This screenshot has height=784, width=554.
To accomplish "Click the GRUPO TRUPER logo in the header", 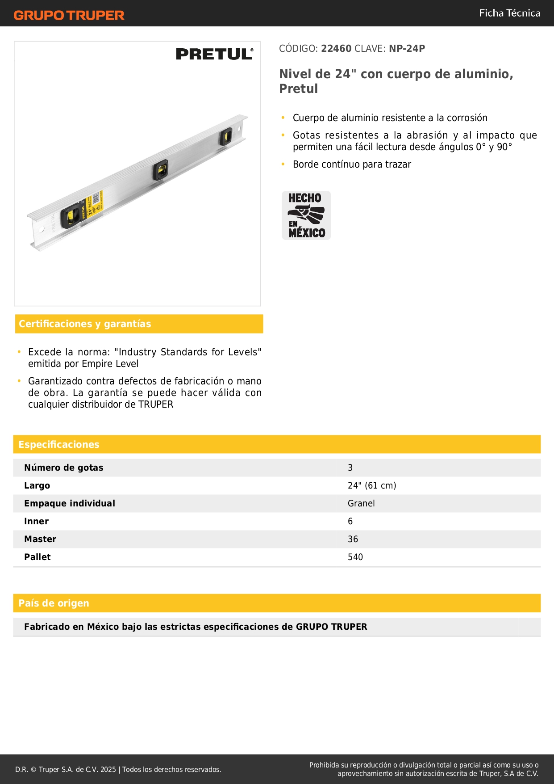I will coord(69,15).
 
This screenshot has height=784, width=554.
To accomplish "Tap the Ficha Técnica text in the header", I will coord(509,13).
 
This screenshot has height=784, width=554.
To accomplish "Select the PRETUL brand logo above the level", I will coord(214,54).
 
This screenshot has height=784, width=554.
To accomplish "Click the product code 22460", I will coord(336,49).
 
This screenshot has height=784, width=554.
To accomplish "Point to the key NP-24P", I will coord(407,49).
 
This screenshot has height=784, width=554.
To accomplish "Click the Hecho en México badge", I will coord(306,215).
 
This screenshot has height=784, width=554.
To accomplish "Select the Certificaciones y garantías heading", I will coord(85,324).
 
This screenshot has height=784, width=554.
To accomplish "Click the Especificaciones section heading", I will coord(59,444).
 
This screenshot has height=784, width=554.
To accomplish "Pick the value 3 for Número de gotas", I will coord(350,468).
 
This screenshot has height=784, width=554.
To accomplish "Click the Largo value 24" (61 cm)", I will coord(372,485).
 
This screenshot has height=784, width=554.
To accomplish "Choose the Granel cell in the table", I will coord(361,503).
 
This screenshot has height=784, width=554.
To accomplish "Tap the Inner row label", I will coord(37,521).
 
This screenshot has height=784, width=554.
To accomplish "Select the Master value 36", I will coord(353,539).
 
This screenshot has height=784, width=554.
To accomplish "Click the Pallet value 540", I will coord(355,557).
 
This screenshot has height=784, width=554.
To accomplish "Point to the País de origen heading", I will coord(54,603).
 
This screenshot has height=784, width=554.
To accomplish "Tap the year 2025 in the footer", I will coord(108,769).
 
